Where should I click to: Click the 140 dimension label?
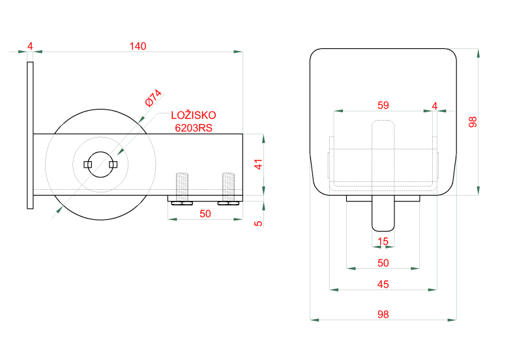coord(138,46)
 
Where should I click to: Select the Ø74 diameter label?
coord(153,98)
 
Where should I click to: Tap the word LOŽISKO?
coord(193,115)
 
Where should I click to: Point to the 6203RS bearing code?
coord(193,128)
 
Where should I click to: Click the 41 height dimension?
coord(258,164)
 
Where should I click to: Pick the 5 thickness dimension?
coord(258,223)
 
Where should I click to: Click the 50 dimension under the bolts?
coord(205,213)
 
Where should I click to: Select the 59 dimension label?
coord(383,105)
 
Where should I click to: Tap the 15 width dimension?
coord(383,242)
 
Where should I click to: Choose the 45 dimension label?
coord(383,284)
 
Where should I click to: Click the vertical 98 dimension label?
coord(473,122)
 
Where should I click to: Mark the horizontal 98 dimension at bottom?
coord(383,314)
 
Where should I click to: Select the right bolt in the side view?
coord(228,187)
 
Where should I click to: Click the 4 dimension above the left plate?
coord(30,46)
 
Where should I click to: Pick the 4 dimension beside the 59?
coord(435,105)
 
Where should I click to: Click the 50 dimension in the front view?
coord(383,263)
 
